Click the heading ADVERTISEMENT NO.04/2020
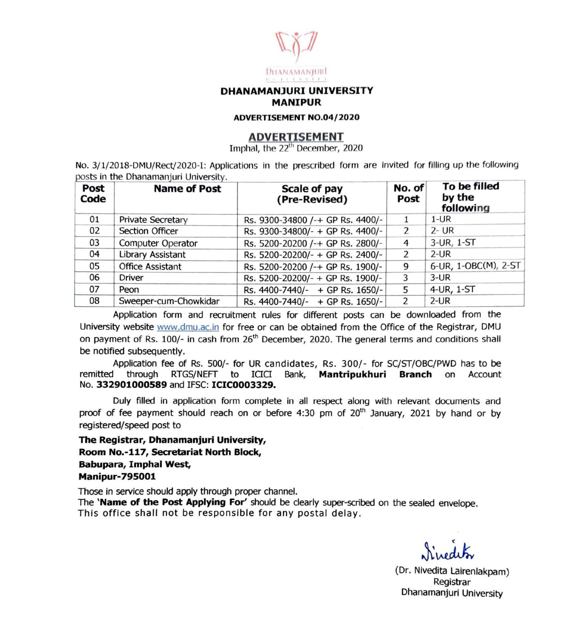tap(296, 118)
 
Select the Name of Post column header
tap(187, 189)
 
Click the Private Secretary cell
tap(153, 220)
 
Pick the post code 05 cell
tap(94, 266)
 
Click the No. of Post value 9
tap(406, 266)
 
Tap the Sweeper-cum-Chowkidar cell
tap(169, 301)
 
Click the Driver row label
tap(131, 278)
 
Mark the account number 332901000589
tap(131, 385)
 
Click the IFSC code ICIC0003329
tap(243, 385)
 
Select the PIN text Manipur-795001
tap(117, 477)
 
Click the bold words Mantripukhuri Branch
tap(375, 375)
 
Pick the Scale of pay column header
tap(312, 194)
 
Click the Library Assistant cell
tap(152, 255)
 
